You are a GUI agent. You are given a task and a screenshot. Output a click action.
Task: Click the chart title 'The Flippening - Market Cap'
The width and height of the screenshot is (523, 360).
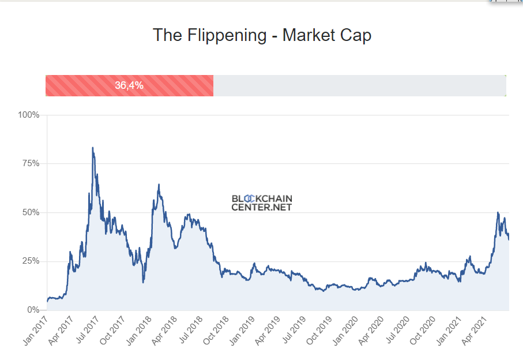pyautogui.click(x=262, y=35)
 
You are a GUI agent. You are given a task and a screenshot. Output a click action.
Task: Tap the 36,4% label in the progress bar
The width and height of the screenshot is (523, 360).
pyautogui.click(x=129, y=85)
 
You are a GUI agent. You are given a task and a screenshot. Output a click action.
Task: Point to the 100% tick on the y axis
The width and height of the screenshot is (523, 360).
pyautogui.click(x=29, y=115)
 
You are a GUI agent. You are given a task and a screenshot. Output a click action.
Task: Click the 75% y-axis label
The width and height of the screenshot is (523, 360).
pyautogui.click(x=31, y=164)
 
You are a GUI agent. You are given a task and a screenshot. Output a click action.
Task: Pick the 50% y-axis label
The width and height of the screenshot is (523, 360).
pyautogui.click(x=31, y=212)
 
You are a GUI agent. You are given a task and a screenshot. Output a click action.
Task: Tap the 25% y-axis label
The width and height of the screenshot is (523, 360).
pyautogui.click(x=31, y=261)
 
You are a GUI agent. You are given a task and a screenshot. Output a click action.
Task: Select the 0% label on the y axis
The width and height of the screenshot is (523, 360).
pyautogui.click(x=33, y=310)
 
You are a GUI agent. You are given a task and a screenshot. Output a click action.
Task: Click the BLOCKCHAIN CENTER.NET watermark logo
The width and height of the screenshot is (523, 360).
pyautogui.click(x=262, y=202)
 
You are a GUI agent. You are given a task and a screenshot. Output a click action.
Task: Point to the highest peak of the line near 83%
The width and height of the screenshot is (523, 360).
pyautogui.click(x=92, y=148)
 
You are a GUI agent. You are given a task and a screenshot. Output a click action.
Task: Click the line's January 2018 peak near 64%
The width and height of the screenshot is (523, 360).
pyautogui.click(x=159, y=185)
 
